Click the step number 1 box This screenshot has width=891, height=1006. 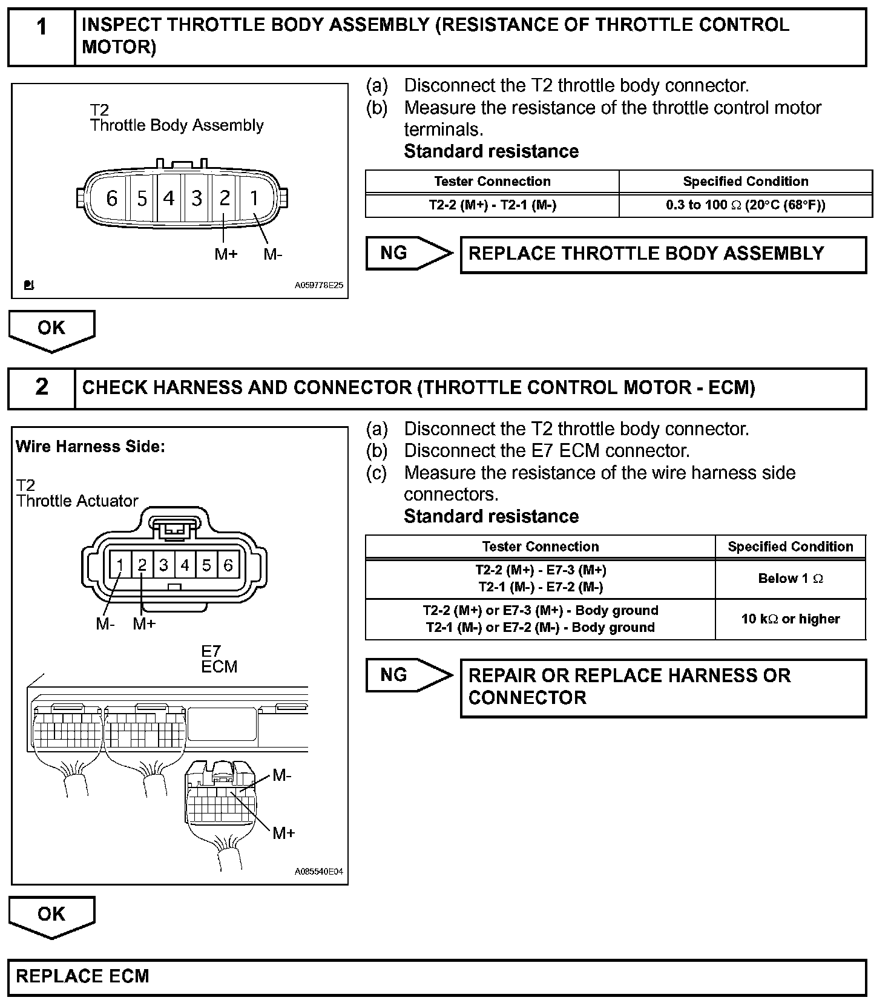tap(41, 36)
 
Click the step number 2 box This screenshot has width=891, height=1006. tap(41, 387)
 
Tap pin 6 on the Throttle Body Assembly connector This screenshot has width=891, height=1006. tap(111, 198)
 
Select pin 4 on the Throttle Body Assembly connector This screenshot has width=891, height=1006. tap(169, 198)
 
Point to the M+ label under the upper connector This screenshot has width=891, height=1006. tap(226, 254)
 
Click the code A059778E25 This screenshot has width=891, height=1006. tap(318, 285)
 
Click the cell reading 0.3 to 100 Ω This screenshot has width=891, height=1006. tap(745, 205)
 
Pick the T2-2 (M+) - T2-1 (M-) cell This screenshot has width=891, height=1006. tap(492, 205)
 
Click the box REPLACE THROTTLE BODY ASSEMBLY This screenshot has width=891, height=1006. tap(663, 254)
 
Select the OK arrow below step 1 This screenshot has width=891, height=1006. tap(51, 330)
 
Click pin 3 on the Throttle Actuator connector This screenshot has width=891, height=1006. tap(163, 565)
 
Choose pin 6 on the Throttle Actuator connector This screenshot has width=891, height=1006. tap(228, 565)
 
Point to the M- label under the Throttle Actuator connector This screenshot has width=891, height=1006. tap(105, 624)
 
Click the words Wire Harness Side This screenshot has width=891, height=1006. tap(90, 447)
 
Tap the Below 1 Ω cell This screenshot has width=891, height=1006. tap(790, 579)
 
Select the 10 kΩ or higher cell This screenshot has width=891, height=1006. tap(790, 619)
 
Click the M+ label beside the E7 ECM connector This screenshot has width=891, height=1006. tap(283, 833)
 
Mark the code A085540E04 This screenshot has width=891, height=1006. tap(318, 872)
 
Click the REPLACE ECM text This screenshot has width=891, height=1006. tap(82, 976)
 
